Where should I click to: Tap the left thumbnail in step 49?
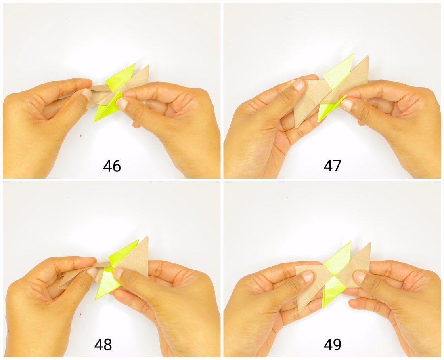point(308,276)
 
